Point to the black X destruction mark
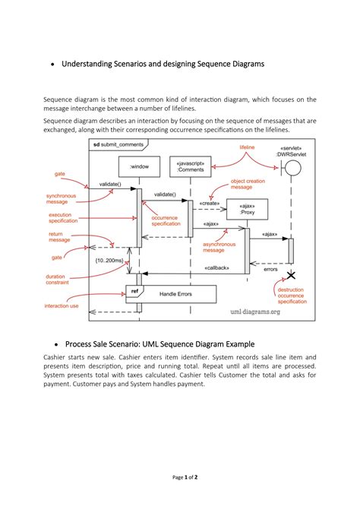[290, 275]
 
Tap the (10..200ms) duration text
[109, 261]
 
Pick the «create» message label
[210, 203]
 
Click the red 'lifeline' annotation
[247, 147]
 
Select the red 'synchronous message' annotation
[62, 198]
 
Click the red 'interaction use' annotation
[62, 305]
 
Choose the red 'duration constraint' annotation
[61, 280]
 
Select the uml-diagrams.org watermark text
[255, 311]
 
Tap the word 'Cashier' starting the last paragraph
[55, 356]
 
